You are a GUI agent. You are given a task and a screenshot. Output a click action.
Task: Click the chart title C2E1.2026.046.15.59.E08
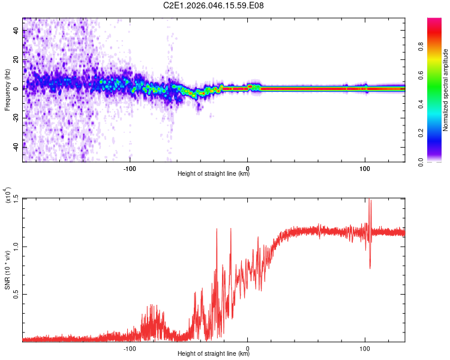tap(213, 5)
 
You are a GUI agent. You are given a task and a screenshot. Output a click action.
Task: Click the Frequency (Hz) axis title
tap(7, 90)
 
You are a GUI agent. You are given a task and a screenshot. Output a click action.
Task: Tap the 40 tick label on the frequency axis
tap(16, 31)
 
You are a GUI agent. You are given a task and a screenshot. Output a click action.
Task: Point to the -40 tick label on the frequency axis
tap(16, 147)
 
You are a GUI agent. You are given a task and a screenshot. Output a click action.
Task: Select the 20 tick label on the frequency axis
tap(16, 60)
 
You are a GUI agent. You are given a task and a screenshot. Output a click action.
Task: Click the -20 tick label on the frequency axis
tap(16, 118)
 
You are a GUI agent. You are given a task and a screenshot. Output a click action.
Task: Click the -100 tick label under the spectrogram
tap(130, 169)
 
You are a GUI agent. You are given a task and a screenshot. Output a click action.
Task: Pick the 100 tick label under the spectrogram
tap(365, 169)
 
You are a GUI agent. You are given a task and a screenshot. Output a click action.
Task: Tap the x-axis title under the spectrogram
tap(214, 173)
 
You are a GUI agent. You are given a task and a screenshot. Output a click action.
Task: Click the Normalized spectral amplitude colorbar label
tap(445, 90)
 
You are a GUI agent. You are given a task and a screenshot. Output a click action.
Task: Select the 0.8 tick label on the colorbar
tap(421, 47)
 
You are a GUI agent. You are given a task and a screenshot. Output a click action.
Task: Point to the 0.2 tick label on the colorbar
tap(421, 133)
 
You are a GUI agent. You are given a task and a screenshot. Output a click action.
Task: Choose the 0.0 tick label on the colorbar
tap(421, 162)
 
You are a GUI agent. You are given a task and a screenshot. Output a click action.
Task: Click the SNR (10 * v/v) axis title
tap(7, 270)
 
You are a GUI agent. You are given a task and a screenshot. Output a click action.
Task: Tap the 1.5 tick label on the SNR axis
tap(16, 199)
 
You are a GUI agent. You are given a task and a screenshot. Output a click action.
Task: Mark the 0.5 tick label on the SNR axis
tap(16, 294)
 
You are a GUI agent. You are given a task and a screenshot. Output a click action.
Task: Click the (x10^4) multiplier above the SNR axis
tap(8, 195)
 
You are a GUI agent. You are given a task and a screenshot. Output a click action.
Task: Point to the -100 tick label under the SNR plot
tap(130, 349)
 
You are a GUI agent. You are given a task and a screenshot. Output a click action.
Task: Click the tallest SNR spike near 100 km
tap(369, 199)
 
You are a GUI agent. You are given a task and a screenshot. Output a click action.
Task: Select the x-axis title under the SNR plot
tap(214, 353)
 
